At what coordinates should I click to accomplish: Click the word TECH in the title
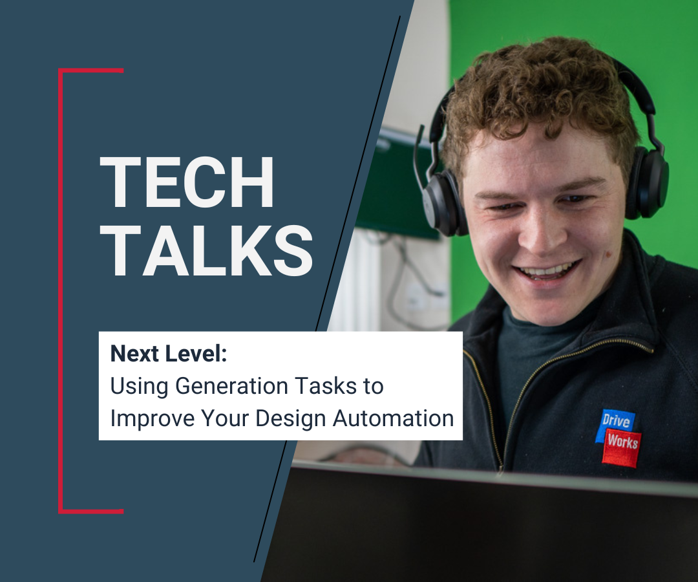point(187,182)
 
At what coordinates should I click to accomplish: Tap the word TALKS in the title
point(207,250)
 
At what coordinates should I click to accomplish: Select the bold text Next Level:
point(169,354)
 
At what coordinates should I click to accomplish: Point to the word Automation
point(394,418)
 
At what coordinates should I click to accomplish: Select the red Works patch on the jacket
point(623,447)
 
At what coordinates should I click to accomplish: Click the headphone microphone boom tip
point(420,129)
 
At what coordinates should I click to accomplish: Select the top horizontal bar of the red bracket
point(91,70)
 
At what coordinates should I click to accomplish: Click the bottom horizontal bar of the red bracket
point(91,512)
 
